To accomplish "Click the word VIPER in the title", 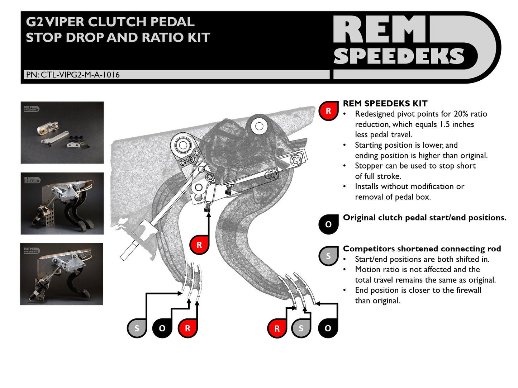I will [x=66, y=22].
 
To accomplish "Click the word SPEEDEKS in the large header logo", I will [x=399, y=56].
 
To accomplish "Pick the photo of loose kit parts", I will [x=62, y=133].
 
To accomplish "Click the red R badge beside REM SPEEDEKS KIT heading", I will [x=328, y=111].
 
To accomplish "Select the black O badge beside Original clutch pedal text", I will [x=328, y=224].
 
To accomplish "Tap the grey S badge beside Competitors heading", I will [x=328, y=256].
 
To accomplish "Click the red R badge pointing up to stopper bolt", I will [x=199, y=245].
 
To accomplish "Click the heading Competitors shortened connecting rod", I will [x=422, y=249].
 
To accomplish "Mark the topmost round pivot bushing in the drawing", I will [x=259, y=126].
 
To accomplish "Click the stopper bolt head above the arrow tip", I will [x=208, y=209].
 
